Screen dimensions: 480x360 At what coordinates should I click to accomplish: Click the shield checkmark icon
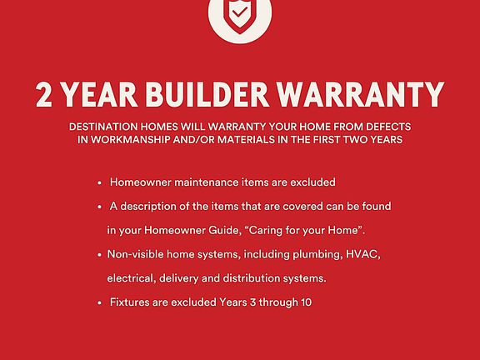point(240,15)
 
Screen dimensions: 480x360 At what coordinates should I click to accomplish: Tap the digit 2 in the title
point(44,95)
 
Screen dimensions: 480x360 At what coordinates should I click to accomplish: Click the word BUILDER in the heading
point(207,94)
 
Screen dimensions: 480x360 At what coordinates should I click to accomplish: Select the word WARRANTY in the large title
point(361,94)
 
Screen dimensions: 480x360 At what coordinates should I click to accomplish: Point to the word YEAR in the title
point(99,94)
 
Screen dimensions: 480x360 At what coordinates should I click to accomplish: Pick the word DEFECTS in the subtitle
point(388,127)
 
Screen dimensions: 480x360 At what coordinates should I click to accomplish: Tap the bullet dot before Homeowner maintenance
point(99,183)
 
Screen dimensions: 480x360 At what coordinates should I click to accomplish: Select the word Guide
point(225,230)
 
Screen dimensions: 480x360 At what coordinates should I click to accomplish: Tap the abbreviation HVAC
point(363,254)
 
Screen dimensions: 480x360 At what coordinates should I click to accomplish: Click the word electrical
point(132,278)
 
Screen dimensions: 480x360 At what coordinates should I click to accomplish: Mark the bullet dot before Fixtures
point(99,303)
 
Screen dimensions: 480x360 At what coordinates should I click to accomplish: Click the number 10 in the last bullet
point(306,302)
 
